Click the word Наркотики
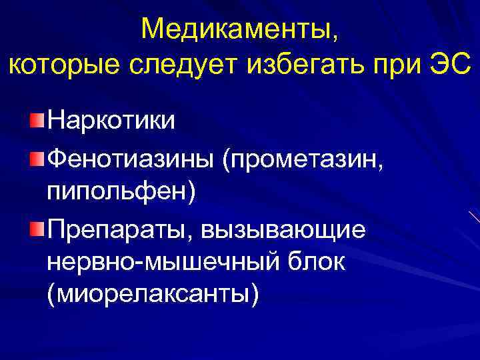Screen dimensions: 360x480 point(111,121)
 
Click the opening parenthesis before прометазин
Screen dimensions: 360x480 point(228,159)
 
